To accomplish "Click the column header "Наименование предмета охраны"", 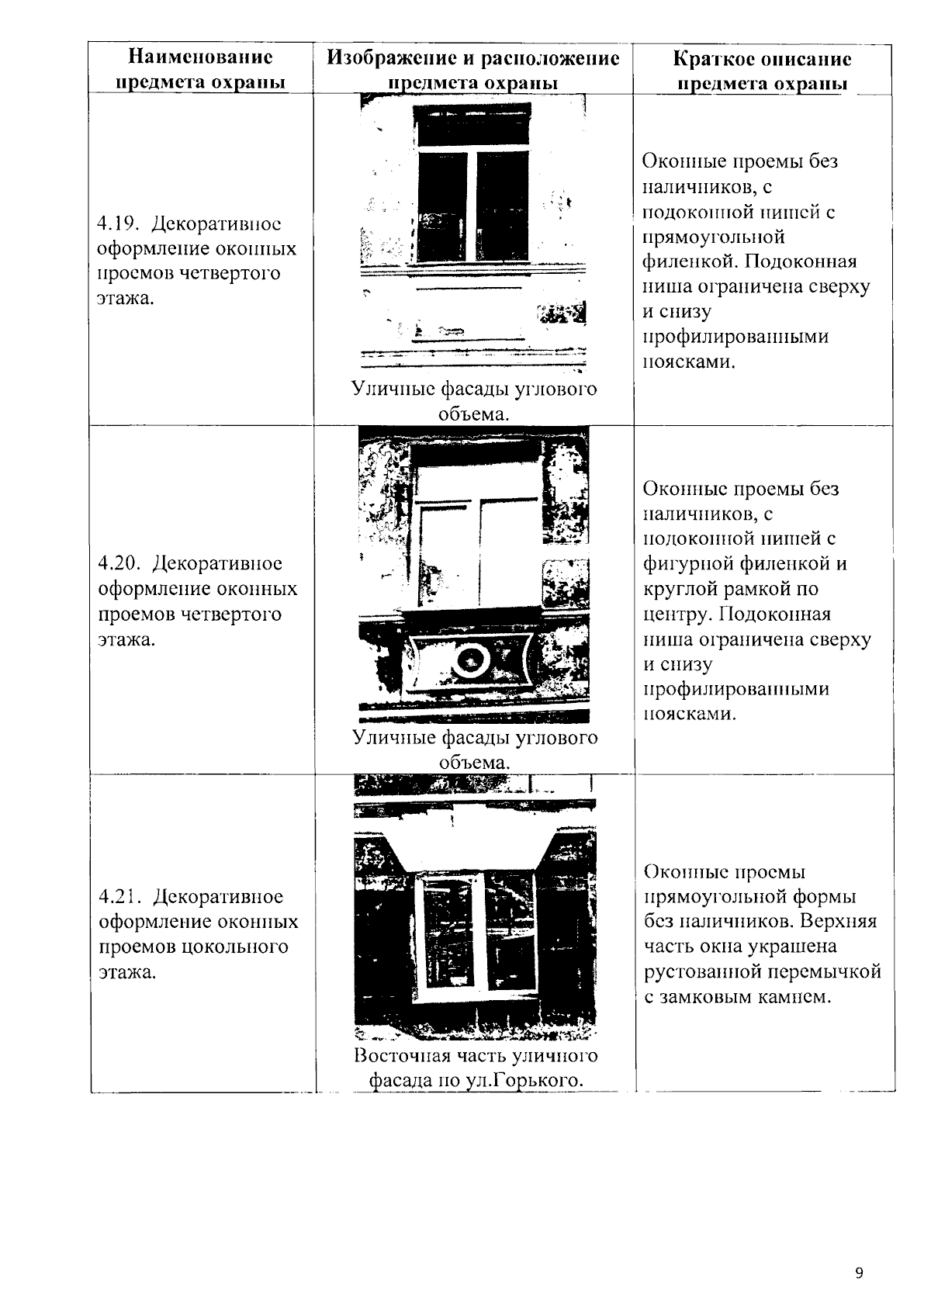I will (200, 70).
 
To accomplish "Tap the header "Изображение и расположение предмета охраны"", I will (473, 70).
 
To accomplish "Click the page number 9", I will (858, 1273).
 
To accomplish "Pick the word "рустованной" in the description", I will (703, 971).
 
